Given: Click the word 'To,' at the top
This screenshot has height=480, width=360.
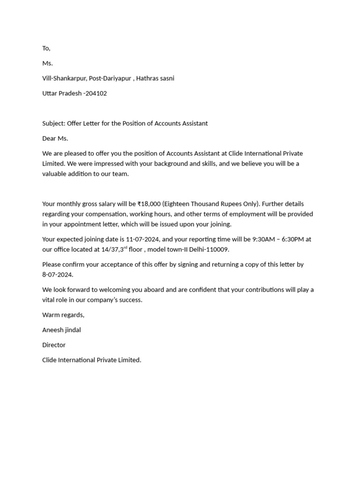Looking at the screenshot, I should (x=46, y=48).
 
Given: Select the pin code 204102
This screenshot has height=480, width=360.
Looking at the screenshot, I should (x=97, y=93).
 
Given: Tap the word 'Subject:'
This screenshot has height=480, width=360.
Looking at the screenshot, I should (x=53, y=123).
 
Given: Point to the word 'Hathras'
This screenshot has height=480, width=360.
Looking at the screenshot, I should (x=148, y=78).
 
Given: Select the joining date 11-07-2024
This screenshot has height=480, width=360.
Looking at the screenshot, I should (x=143, y=239).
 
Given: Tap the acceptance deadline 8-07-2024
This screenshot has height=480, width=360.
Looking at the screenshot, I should (x=58, y=275).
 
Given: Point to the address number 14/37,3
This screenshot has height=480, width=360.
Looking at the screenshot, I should (x=112, y=249).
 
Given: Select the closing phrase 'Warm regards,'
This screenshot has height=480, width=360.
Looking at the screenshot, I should (x=63, y=315).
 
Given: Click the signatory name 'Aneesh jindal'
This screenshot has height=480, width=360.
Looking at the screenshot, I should (x=61, y=330).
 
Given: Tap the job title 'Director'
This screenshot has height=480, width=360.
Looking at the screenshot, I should (x=54, y=345).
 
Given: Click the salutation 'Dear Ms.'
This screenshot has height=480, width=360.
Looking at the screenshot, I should (x=55, y=138).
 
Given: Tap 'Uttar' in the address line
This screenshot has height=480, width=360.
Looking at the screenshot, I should (x=50, y=93).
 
